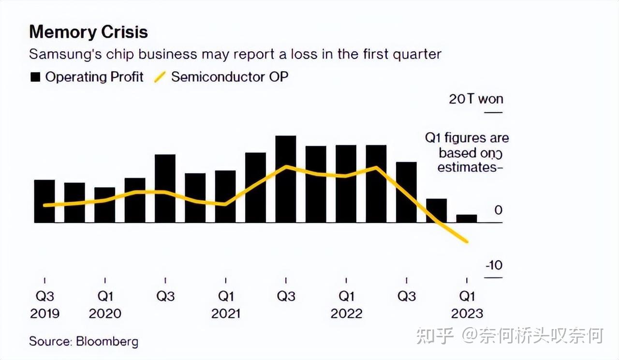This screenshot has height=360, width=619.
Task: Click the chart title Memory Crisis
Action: click(x=88, y=32)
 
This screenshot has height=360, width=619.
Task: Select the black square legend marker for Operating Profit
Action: click(x=35, y=77)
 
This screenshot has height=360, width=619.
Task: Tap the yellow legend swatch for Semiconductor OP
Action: click(x=160, y=77)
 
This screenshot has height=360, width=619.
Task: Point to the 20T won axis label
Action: click(x=476, y=99)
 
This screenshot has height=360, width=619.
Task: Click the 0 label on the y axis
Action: click(x=498, y=210)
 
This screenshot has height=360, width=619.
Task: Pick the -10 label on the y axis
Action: click(x=494, y=265)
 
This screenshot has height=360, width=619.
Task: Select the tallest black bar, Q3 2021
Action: click(x=286, y=179)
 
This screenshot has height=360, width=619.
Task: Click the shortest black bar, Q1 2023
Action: click(x=467, y=219)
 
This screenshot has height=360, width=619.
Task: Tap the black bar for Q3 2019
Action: click(x=44, y=201)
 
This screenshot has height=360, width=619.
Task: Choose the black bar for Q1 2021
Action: click(x=225, y=196)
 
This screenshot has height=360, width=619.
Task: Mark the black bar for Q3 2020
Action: click(x=165, y=189)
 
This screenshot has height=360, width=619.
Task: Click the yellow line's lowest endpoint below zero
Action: click(x=467, y=241)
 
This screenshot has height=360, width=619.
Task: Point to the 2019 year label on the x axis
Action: click(x=45, y=314)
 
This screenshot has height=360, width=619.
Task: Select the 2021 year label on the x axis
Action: click(x=226, y=314)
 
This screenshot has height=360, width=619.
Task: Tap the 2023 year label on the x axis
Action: click(x=467, y=314)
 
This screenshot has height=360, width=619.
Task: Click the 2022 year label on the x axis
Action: click(x=346, y=314)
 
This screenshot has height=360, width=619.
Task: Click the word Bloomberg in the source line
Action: click(x=107, y=342)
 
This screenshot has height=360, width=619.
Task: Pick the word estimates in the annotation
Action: click(x=467, y=167)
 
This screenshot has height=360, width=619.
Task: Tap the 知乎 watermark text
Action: click(x=435, y=336)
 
